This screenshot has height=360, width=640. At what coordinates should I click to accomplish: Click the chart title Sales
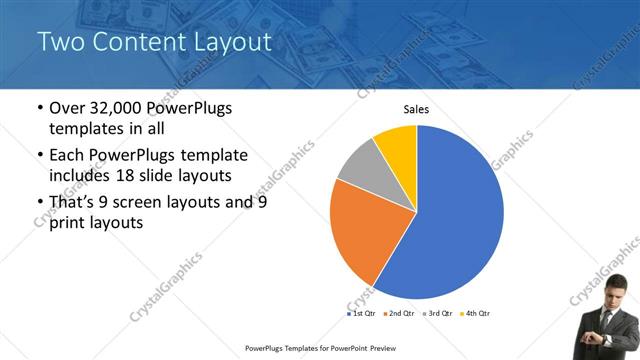[417, 109]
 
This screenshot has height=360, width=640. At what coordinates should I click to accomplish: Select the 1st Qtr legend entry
[362, 313]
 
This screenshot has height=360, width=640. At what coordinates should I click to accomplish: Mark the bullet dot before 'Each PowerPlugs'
[39, 156]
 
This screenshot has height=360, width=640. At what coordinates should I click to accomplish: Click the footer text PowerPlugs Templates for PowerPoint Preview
[319, 349]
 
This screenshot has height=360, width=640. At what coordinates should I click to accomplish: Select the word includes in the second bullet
[83, 176]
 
